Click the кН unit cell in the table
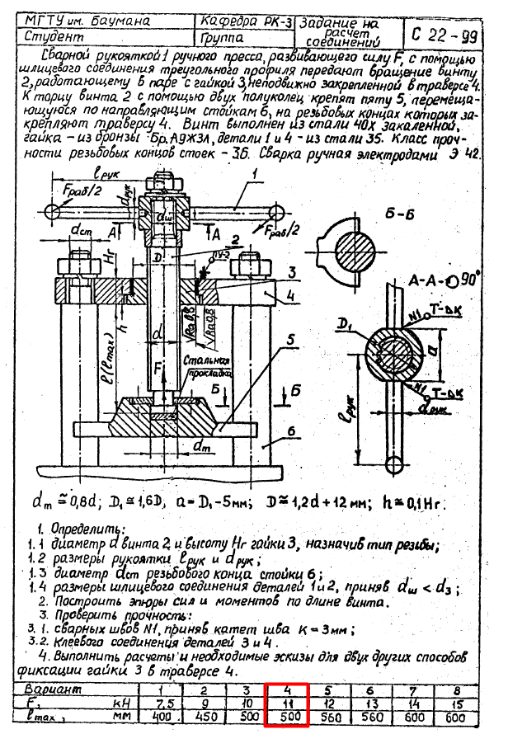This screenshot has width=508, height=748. tap(120, 703)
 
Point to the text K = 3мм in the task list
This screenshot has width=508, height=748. tap(319, 629)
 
